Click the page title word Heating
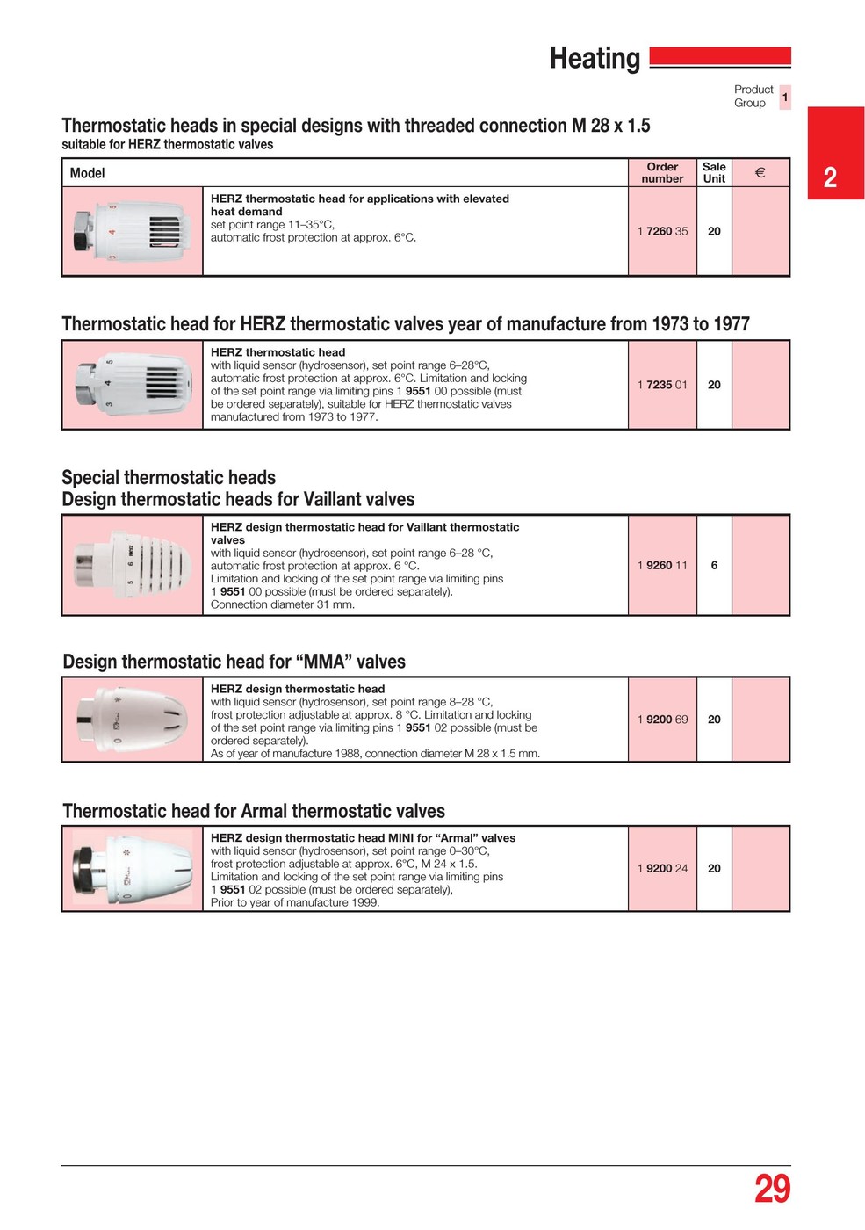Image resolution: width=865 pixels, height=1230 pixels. click(595, 59)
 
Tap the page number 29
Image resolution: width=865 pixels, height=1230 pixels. click(772, 1189)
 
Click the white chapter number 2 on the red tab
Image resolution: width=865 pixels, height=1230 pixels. click(830, 177)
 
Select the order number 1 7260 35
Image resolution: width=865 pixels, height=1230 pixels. click(662, 232)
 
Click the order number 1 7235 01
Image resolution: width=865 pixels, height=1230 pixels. click(662, 385)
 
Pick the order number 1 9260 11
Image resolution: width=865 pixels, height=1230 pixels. click(662, 566)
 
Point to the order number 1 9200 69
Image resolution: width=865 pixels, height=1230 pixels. click(662, 720)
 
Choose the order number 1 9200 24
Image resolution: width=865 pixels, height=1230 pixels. click(662, 869)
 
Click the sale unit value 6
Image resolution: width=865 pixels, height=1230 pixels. click(714, 566)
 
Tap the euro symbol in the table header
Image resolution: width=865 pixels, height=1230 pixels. click(760, 173)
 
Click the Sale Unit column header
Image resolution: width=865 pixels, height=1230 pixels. click(714, 173)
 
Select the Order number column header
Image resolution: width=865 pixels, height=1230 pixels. click(662, 173)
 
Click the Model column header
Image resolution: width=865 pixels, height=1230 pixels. click(87, 174)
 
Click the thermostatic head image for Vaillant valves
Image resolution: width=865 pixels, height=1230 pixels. click(132, 565)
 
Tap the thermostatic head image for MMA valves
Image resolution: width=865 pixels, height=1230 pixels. click(132, 719)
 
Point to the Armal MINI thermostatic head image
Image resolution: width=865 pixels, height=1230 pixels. click(132, 868)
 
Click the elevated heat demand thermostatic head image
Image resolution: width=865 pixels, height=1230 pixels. click(132, 231)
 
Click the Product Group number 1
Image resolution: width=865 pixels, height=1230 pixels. click(785, 98)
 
